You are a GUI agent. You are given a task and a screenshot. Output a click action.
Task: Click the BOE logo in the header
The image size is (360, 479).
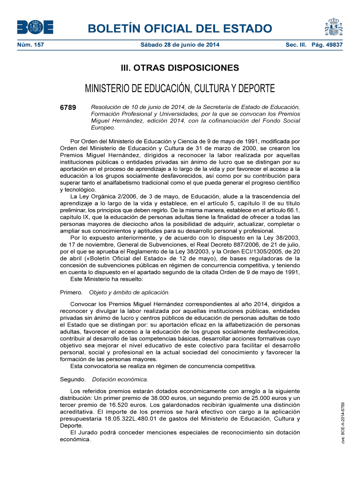(35, 28)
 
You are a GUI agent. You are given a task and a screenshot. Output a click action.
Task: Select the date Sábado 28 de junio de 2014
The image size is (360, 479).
(180, 45)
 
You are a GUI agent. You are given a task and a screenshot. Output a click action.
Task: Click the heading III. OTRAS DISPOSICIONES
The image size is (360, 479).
(180, 68)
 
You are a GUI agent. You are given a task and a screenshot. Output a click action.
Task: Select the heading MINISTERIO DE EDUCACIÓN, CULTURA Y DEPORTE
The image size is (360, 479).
(180, 88)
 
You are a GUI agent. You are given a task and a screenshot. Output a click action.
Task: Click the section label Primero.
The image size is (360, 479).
(72, 292)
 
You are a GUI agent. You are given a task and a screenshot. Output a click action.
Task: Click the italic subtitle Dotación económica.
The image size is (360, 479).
(120, 379)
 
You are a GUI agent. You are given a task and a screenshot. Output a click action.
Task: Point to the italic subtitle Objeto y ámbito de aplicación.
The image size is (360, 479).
(129, 292)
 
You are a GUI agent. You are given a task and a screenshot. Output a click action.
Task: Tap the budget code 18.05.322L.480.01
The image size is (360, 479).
(133, 419)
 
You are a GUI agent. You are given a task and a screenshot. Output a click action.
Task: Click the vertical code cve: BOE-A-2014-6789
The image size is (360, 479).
(343, 424)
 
